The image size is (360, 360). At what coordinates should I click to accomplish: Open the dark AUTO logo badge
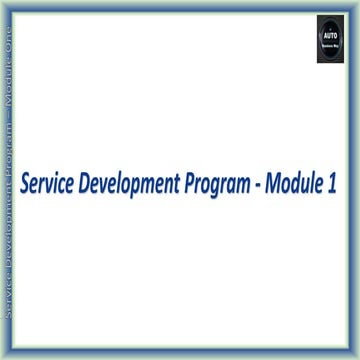point(330,40)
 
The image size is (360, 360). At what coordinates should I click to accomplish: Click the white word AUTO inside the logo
point(330,33)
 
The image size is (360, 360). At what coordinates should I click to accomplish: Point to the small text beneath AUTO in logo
point(330,46)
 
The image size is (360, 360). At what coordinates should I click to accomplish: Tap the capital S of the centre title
point(26,186)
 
